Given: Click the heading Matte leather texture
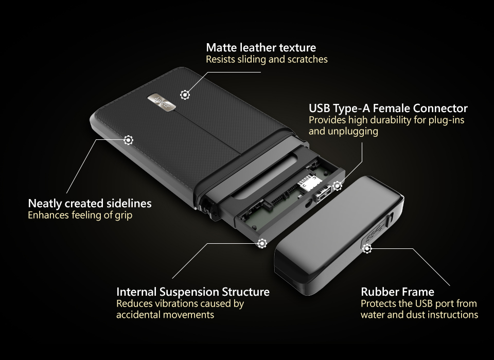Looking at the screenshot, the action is coord(261,47).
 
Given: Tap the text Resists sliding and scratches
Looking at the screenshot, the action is coord(267,59).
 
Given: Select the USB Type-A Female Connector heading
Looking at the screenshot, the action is coord(388,109).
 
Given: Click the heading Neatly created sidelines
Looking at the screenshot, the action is coord(90,204).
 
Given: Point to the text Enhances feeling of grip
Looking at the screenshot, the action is coord(80,215).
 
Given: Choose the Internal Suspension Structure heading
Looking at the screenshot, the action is coord(193,292).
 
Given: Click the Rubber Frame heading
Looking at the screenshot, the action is coord(397,292).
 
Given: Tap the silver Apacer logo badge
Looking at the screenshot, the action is coord(162,102).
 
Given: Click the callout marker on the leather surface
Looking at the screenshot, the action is coord(185,95).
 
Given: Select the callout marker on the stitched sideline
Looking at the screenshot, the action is coord(128,140).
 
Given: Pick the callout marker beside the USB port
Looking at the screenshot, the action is coord(338,186).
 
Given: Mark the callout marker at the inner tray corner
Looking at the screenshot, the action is coord(262,243).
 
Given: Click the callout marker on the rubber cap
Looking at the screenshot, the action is coord(367,248).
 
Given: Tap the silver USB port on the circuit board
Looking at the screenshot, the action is coord(322,193).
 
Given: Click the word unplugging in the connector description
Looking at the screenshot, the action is coord(353,131).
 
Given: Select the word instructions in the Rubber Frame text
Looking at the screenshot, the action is coord(451,315).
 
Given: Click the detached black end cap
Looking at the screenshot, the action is coord(339,236).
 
